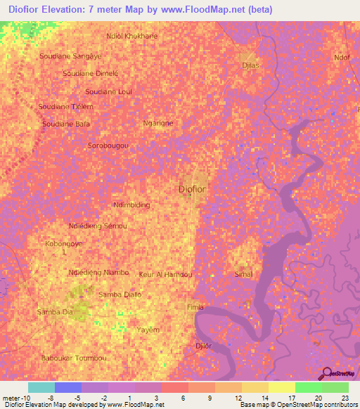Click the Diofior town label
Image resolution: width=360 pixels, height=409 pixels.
click(193, 190)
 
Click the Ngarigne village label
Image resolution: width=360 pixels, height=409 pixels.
click(157, 123)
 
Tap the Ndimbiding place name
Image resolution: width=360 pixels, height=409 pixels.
click(131, 205)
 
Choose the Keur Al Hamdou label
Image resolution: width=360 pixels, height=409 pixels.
click(166, 275)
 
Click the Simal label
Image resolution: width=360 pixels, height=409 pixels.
click(244, 275)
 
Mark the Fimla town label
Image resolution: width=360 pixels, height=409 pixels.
click(195, 308)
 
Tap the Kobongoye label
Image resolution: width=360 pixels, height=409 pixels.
click(65, 243)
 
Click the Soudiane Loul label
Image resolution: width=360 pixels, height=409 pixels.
click(108, 91)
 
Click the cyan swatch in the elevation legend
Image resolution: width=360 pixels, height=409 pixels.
click(41, 387)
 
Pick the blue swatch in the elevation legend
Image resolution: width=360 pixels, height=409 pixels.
click(67, 387)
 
